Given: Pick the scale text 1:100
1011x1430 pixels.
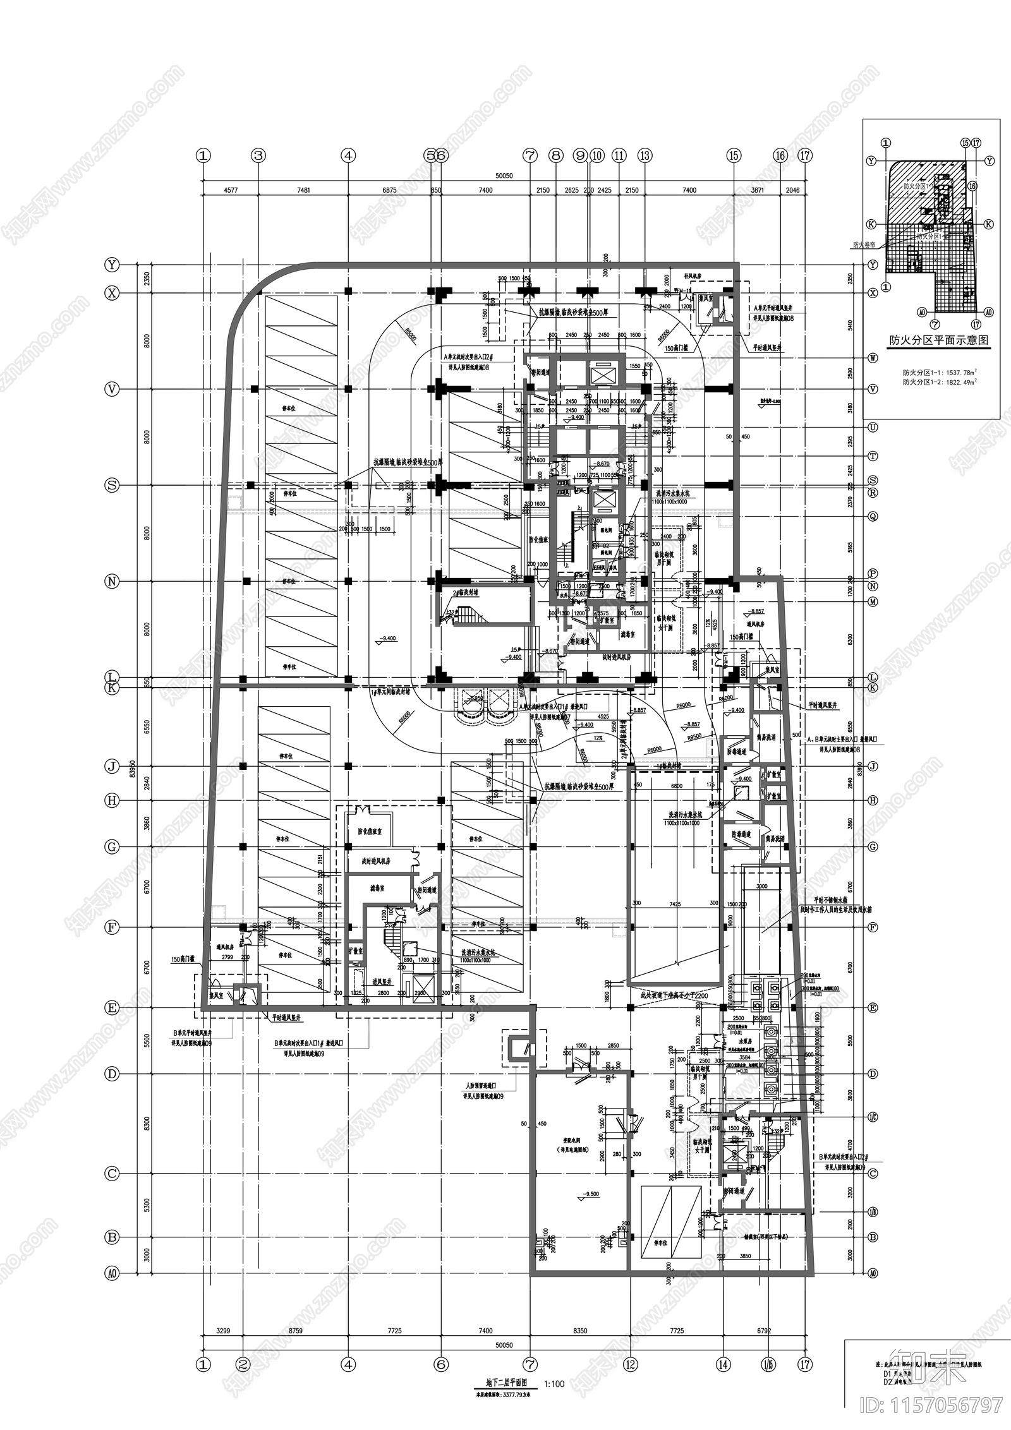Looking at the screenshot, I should click(554, 1384).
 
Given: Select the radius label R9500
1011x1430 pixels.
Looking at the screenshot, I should click(694, 736).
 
